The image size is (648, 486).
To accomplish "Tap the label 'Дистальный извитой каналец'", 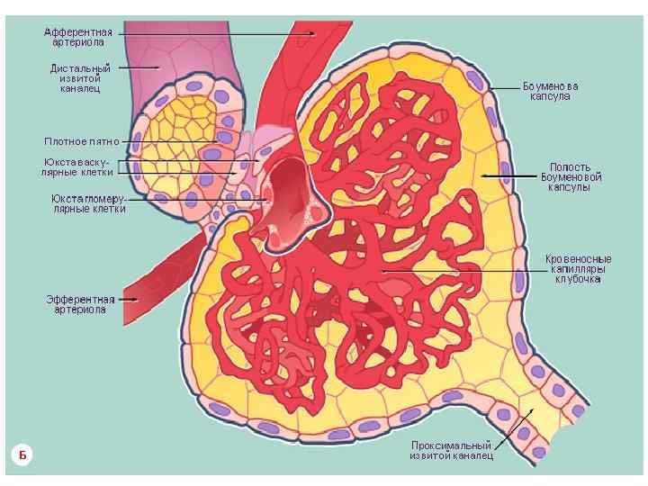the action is pos(80,77).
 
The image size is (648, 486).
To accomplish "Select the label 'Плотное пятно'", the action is pos(81,141).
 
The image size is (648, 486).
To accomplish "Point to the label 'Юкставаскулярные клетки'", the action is pos(80,166).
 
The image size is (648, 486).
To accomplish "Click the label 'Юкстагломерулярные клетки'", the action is pos(88,202).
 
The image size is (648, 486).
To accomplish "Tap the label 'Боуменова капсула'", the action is pos(550,91).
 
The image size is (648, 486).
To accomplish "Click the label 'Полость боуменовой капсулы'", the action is pos(571,177).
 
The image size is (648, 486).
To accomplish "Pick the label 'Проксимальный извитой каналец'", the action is pos(451,450).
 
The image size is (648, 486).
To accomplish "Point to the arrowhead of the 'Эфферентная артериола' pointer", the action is pos(134,298).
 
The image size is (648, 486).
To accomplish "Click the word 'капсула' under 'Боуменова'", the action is pos(550,96).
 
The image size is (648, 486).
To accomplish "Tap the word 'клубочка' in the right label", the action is pos(577,280).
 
